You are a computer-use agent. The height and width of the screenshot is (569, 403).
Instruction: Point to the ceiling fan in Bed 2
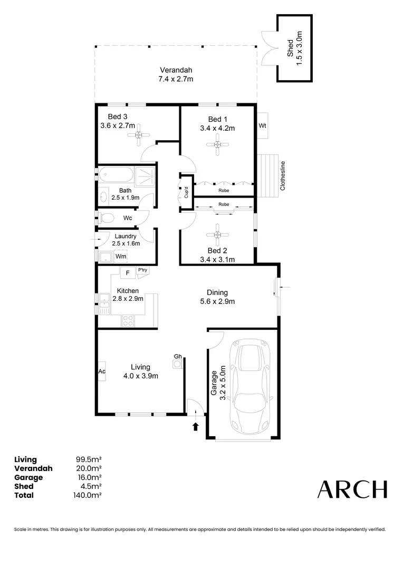click(x=217, y=234)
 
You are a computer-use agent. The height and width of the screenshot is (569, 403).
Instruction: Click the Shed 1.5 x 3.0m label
click(x=294, y=48)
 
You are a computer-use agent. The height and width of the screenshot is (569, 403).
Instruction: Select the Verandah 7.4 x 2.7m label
click(x=176, y=74)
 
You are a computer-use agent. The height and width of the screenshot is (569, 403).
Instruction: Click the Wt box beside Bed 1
click(x=262, y=126)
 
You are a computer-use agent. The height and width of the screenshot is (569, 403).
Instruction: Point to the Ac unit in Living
click(x=101, y=371)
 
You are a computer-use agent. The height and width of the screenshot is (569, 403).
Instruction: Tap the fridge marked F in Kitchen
click(x=127, y=273)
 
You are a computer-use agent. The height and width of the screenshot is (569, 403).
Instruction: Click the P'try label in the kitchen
click(x=142, y=270)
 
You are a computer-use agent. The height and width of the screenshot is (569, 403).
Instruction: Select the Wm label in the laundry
click(x=121, y=256)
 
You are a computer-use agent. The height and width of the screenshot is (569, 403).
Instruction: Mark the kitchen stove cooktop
click(x=127, y=319)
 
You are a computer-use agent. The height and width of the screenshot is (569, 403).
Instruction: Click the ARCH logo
click(x=352, y=489)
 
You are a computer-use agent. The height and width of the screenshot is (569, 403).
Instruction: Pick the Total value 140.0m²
click(x=88, y=495)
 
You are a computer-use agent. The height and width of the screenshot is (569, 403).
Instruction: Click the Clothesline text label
click(x=283, y=175)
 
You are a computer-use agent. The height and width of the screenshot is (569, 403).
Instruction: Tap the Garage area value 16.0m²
click(x=89, y=477)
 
